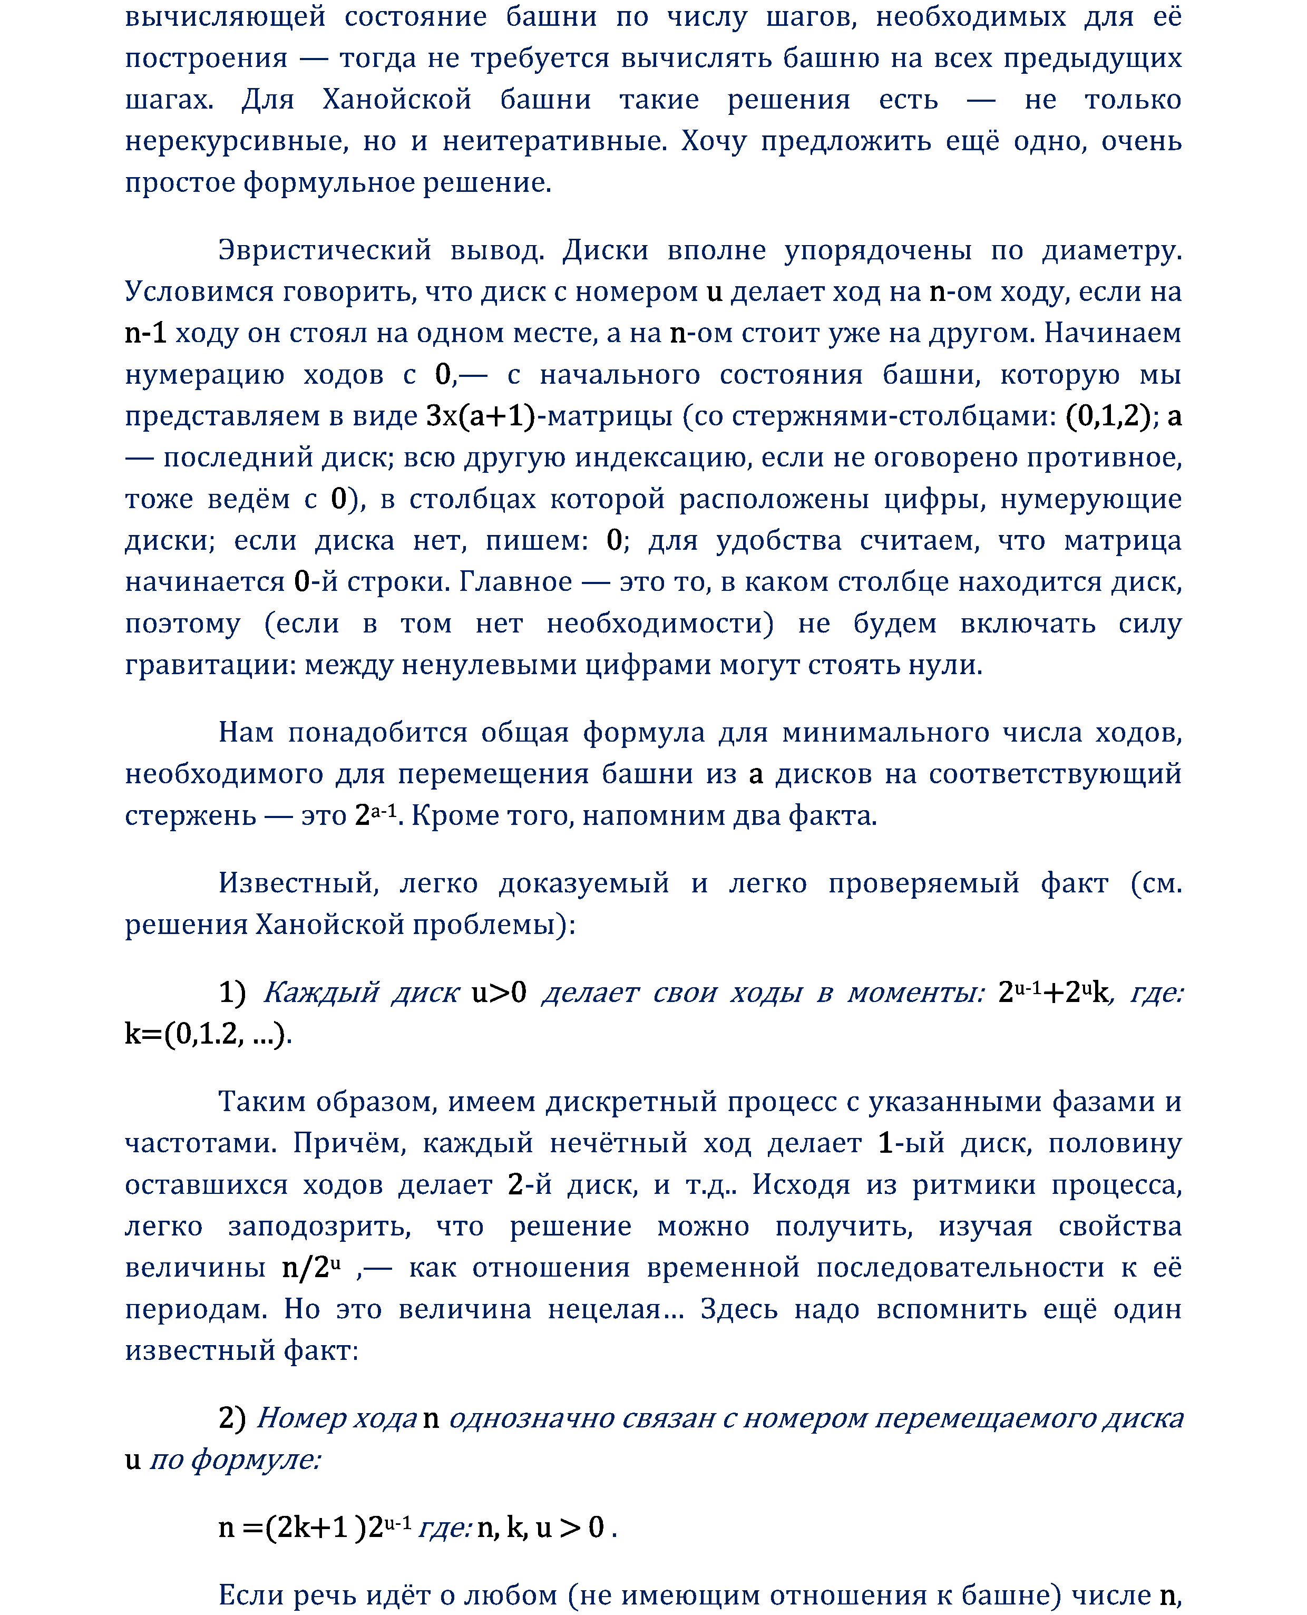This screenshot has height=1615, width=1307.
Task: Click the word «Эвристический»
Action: (x=325, y=250)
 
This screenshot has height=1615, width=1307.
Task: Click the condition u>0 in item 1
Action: (x=499, y=993)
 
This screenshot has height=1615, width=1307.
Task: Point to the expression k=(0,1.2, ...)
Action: (x=208, y=1034)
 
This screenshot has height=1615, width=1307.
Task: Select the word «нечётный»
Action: (x=618, y=1143)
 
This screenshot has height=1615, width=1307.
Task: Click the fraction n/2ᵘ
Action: (x=311, y=1268)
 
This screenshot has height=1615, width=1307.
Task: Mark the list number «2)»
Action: (x=232, y=1418)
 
